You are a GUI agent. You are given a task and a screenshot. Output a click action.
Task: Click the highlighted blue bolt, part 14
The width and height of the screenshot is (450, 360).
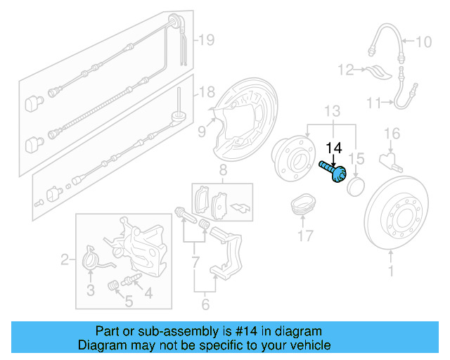333,171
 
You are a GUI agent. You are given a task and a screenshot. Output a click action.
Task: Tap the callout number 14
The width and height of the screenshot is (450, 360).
334,148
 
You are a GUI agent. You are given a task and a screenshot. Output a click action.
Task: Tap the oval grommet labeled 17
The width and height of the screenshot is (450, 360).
302,205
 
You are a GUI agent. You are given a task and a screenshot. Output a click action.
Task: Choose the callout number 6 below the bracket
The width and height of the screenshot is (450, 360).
205,305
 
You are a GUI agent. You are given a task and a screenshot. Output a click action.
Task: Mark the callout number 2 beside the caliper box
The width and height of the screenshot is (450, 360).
65,261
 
